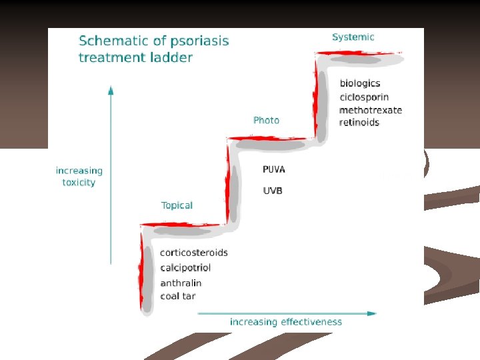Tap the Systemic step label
[x=353, y=37]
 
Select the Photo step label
[x=266, y=120]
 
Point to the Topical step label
[x=177, y=205]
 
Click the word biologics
[x=360, y=83]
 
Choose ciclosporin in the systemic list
[x=364, y=97]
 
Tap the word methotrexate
[x=371, y=109]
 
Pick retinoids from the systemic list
[x=359, y=123]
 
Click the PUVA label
[x=273, y=170]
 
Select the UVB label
[x=273, y=191]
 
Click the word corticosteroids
[x=194, y=253]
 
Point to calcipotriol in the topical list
[x=185, y=268]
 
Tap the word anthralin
[x=181, y=283]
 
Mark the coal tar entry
[x=177, y=296]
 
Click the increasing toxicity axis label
[x=79, y=177]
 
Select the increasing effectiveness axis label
[x=286, y=322]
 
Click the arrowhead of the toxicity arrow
[x=111, y=89]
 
